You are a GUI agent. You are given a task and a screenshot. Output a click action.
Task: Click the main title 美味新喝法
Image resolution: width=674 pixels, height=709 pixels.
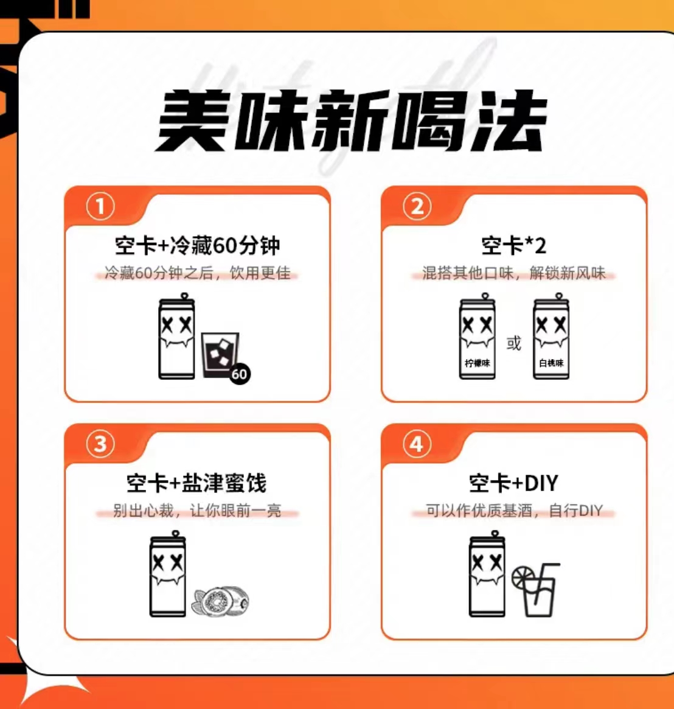(x=352, y=120)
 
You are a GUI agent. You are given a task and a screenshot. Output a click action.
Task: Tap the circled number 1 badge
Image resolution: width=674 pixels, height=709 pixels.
(x=100, y=207)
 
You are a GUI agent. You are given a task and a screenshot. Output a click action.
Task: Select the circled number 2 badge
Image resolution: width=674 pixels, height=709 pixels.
(x=417, y=207)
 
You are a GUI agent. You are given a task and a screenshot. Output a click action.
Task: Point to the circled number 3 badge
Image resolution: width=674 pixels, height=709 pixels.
(x=100, y=444)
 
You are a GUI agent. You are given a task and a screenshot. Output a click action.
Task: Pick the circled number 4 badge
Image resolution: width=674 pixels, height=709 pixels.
(x=417, y=444)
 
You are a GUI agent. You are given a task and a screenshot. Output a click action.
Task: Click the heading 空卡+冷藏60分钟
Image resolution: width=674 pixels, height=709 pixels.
(x=198, y=245)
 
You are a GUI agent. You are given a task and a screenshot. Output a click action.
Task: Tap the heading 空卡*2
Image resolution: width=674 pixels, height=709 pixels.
(x=514, y=245)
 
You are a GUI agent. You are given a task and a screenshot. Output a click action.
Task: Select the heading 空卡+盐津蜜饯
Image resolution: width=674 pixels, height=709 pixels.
(x=196, y=483)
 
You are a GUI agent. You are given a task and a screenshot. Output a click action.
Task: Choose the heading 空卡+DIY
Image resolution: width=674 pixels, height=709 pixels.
(x=513, y=483)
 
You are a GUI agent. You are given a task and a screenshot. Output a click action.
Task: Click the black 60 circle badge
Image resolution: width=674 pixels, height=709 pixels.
(x=239, y=374)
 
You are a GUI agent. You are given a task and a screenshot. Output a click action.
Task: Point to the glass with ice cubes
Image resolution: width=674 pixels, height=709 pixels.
(x=220, y=354)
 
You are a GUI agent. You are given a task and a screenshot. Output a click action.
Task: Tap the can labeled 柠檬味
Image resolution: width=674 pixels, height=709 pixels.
(x=478, y=336)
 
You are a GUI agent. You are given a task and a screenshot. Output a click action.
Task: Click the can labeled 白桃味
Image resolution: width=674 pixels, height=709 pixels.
(x=551, y=336)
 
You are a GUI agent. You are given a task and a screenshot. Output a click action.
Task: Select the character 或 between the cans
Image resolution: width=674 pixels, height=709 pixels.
(x=514, y=344)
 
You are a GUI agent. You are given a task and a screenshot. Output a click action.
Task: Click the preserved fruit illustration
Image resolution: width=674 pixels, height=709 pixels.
(x=221, y=601)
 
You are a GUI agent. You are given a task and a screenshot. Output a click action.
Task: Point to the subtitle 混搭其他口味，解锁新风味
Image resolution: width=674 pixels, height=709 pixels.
(x=514, y=273)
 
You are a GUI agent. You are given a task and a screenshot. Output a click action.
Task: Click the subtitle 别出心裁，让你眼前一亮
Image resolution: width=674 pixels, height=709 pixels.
(x=197, y=511)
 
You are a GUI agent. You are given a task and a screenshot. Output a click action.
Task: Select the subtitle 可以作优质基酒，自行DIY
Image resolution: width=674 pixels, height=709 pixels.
(x=514, y=511)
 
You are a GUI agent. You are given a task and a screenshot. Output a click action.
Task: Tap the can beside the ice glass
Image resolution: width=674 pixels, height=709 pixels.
(x=177, y=336)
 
